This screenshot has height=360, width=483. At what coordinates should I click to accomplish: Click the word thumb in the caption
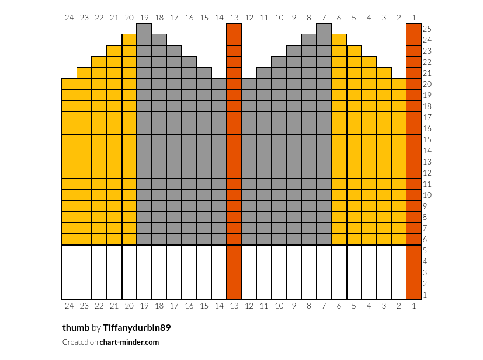(76, 328)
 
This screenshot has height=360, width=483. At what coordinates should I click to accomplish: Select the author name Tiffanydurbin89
(137, 328)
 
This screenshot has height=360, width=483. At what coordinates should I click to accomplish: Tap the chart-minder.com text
(129, 342)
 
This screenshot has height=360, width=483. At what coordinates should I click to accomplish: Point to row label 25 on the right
(427, 29)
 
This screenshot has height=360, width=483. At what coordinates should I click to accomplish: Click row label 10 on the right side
(427, 195)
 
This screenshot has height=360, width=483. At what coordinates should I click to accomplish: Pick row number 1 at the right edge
(425, 295)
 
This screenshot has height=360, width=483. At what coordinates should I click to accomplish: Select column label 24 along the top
(70, 18)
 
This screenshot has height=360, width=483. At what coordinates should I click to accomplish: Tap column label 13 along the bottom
(234, 306)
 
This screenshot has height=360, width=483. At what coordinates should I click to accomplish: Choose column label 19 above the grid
(144, 18)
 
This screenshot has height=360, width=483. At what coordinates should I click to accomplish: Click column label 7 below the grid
(324, 306)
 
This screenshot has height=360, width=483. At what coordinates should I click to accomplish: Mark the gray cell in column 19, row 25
(144, 29)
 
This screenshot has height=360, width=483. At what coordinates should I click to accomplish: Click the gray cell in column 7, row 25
(324, 29)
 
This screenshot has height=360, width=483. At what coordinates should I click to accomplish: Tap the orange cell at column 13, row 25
(234, 29)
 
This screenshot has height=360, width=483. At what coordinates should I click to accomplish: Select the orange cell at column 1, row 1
(413, 295)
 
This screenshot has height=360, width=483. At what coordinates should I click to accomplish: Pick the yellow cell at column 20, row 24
(130, 40)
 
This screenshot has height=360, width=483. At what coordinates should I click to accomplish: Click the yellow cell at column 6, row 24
(339, 40)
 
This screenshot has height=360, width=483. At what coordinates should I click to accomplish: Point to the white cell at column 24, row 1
(70, 295)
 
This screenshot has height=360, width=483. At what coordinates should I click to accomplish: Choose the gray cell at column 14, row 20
(219, 84)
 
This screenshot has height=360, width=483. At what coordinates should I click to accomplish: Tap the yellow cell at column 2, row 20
(399, 84)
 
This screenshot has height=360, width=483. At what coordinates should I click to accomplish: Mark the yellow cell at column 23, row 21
(84, 73)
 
